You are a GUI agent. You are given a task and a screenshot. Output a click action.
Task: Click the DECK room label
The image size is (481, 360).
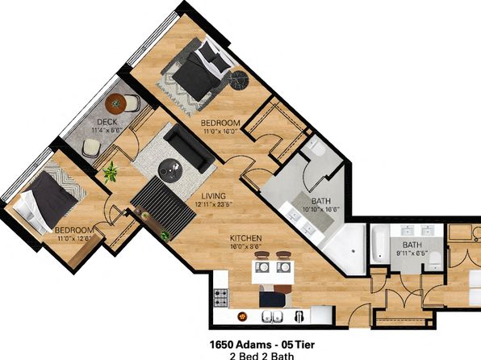(107, 122)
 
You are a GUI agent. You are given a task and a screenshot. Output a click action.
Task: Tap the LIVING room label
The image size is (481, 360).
(214, 196)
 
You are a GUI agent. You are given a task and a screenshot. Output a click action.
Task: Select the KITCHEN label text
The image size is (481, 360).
(245, 238)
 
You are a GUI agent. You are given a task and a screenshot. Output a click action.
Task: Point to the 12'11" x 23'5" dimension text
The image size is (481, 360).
(214, 204)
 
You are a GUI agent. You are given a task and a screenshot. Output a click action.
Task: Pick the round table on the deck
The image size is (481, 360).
(115, 104)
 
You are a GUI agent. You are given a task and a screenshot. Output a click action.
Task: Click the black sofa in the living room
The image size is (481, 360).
(190, 148)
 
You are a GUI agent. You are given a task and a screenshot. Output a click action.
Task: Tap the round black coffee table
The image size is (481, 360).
(170, 171)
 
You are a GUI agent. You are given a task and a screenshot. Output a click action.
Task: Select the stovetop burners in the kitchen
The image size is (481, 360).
(220, 298)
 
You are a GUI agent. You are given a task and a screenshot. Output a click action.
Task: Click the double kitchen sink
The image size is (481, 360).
(273, 316)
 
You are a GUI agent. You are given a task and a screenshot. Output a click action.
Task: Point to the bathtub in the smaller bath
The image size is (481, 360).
(380, 244)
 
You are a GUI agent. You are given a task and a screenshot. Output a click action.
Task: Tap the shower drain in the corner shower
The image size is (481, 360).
(353, 251)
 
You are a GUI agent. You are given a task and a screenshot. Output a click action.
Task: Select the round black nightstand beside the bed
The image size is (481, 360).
(239, 81)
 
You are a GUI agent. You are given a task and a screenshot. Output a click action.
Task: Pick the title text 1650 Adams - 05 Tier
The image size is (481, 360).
(262, 345)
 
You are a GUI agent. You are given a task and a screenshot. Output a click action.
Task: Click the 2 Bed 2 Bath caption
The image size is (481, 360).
(261, 356)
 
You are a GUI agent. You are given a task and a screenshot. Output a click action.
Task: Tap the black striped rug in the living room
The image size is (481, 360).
(163, 207)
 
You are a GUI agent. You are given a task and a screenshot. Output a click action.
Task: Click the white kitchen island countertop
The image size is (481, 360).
(273, 272)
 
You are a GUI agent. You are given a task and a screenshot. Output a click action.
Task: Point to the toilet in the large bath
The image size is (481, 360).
(316, 149)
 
